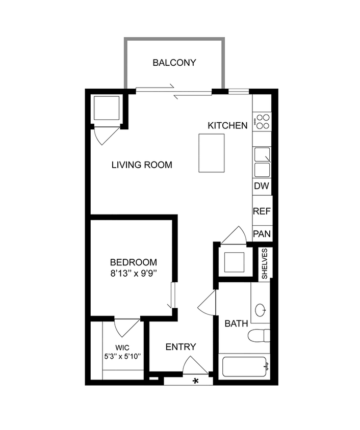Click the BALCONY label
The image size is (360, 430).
(x=174, y=63)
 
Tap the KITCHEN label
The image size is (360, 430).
(x=227, y=125)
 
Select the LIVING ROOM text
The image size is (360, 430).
(x=142, y=165)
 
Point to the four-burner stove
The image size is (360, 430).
(x=263, y=121)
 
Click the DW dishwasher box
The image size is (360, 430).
(x=262, y=186)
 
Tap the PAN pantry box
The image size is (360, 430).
(x=262, y=234)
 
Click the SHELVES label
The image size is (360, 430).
(x=265, y=263)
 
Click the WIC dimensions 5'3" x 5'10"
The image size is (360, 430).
(x=122, y=357)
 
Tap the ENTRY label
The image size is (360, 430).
(x=181, y=347)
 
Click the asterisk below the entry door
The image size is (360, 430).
(x=195, y=381)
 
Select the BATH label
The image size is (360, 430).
(x=236, y=324)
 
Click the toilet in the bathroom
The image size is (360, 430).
(x=259, y=336)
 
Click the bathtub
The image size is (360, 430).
(x=244, y=367)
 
